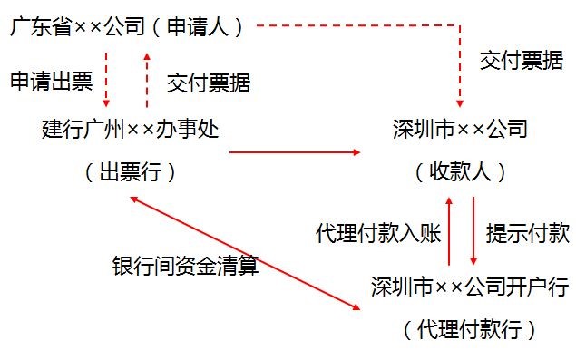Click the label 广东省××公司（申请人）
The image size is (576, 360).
click(x=128, y=26)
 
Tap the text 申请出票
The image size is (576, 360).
click(x=51, y=83)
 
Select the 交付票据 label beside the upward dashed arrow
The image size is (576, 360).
click(x=209, y=83)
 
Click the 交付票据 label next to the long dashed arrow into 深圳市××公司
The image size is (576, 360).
click(x=522, y=62)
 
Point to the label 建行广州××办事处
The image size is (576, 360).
click(x=132, y=128)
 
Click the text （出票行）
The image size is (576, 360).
click(x=132, y=171)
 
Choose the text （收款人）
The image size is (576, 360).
click(x=460, y=171)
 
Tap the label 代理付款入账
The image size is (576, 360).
click(x=377, y=232)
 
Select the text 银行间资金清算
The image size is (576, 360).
click(x=185, y=266)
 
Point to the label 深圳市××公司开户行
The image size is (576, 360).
click(x=470, y=287)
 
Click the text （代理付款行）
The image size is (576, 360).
click(x=468, y=327)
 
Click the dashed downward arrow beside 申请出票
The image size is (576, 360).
click(x=106, y=80)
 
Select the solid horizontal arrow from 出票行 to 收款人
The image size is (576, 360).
click(x=295, y=152)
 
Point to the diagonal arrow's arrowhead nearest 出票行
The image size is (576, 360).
click(x=134, y=199)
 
